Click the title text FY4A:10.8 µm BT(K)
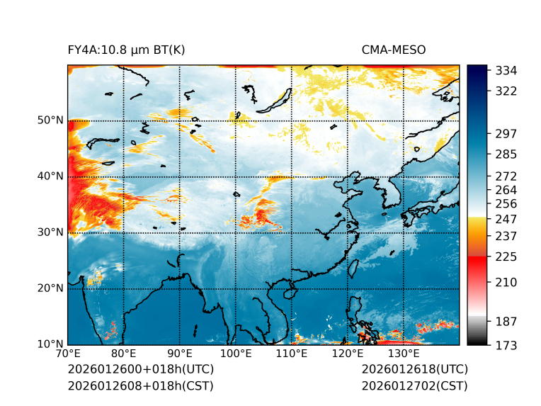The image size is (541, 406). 126,50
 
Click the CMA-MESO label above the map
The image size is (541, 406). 393,50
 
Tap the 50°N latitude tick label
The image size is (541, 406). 50,120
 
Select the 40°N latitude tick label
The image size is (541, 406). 50,176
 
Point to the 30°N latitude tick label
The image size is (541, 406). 50,232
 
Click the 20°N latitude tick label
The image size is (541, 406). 50,288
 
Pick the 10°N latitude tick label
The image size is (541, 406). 50,344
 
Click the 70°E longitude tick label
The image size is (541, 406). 68,354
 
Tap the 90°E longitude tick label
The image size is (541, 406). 180,354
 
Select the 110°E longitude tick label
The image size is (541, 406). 292,354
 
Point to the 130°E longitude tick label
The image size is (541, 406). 404,354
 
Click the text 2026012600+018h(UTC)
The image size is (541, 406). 140,370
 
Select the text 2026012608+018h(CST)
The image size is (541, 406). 140,386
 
